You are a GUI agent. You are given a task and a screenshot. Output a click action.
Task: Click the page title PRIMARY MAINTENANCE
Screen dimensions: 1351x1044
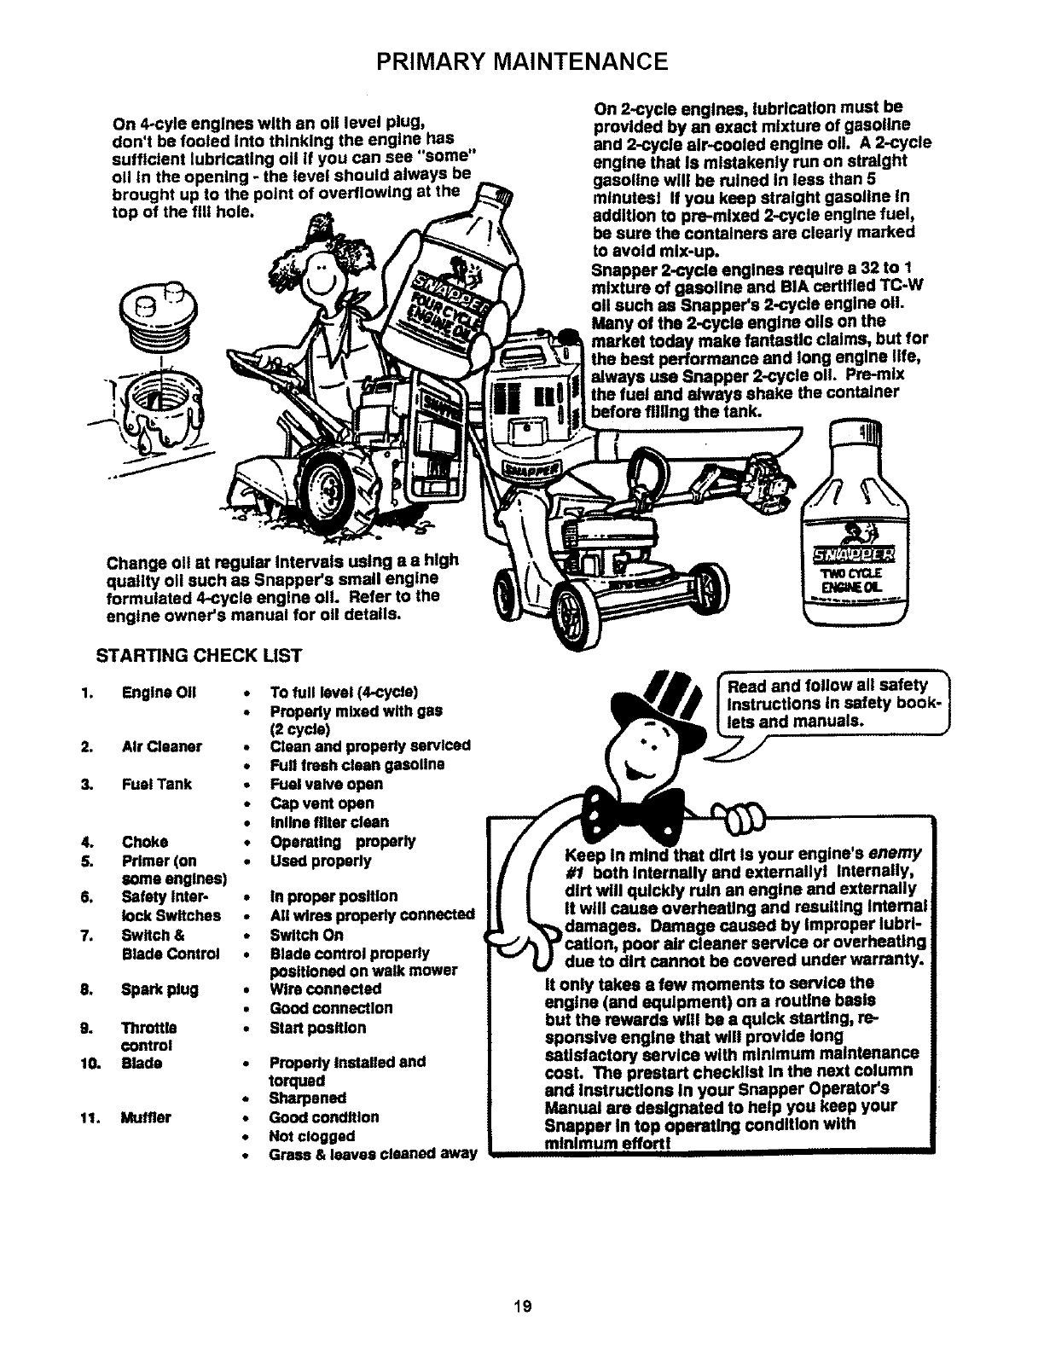point(522,61)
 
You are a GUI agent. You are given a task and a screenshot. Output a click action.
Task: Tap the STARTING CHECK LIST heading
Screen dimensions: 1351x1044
point(201,655)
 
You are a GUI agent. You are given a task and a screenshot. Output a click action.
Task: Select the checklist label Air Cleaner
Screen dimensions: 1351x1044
point(162,746)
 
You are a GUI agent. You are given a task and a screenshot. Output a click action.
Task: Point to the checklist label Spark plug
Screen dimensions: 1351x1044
point(160,989)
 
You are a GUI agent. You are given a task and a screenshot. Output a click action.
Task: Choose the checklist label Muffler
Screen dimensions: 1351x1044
point(147,1117)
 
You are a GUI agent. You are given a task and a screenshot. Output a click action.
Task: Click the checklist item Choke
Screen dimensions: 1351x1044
point(145,842)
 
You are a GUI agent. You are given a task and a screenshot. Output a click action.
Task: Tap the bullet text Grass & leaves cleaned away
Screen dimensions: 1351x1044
point(373,1155)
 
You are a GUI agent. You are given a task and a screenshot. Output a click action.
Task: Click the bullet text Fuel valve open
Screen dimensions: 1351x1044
point(326,784)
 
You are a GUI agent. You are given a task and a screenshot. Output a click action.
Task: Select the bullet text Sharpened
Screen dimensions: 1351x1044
point(307,1098)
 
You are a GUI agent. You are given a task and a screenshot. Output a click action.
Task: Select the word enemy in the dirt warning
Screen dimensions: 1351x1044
point(896,855)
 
